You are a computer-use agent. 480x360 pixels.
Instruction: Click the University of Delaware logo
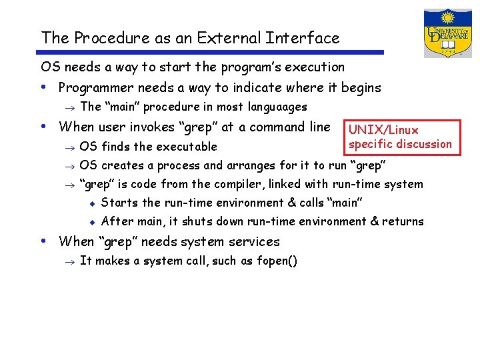pyautogui.click(x=447, y=33)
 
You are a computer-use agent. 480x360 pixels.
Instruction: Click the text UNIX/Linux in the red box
pyautogui.click(x=384, y=130)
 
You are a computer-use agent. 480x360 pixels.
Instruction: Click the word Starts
pyautogui.click(x=119, y=203)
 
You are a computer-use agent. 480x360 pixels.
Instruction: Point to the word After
pyautogui.click(x=117, y=221)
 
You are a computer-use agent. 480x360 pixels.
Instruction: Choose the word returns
pyautogui.click(x=402, y=221)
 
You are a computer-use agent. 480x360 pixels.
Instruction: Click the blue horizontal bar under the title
pyautogui.click(x=212, y=53)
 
